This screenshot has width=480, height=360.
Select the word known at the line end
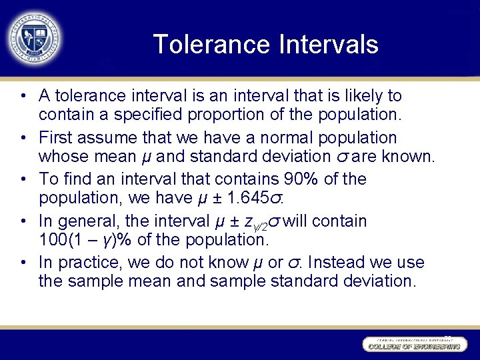click(409, 157)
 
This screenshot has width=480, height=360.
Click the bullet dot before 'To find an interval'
click(24, 179)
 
